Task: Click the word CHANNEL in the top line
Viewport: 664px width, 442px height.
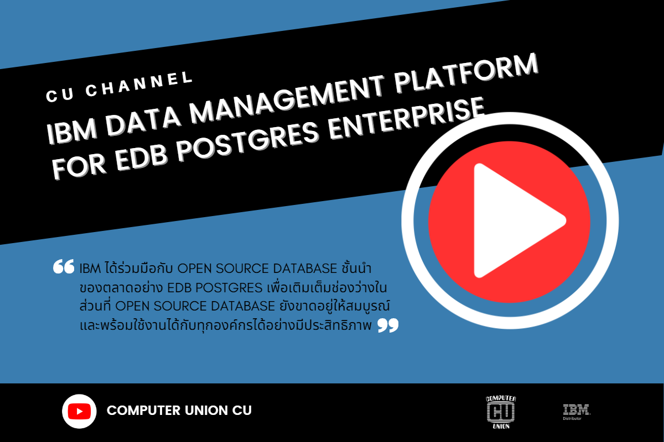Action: tap(139, 84)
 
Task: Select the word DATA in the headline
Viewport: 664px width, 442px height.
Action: tap(143, 120)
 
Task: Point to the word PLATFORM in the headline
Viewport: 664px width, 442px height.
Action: tap(466, 73)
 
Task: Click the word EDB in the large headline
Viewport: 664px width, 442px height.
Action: tap(141, 157)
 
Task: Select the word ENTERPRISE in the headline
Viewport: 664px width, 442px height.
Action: tap(407, 118)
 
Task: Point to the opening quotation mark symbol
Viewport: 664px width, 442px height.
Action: tap(64, 266)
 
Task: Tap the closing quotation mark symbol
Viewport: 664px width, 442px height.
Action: tap(388, 325)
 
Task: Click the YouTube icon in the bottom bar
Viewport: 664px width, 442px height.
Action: tap(79, 411)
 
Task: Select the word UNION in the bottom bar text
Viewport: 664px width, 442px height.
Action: tap(206, 411)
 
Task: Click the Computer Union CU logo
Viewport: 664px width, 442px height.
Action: tap(501, 412)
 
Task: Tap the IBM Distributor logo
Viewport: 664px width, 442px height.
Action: tap(577, 412)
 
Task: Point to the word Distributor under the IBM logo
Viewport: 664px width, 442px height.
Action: tap(572, 419)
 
